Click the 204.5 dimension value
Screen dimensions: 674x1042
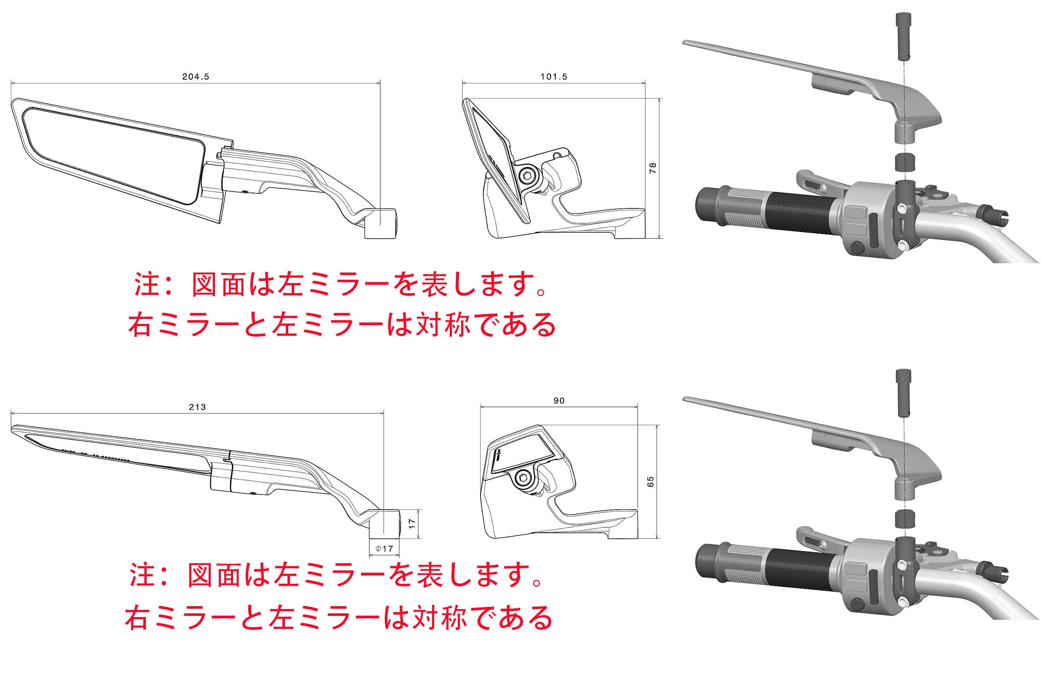pos(196,77)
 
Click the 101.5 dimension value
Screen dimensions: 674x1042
pos(553,77)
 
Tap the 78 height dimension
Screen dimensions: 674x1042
pos(653,168)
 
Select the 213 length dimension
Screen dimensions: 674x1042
pos(197,407)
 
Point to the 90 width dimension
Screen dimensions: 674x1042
pos(559,401)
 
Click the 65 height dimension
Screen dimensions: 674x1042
pos(650,482)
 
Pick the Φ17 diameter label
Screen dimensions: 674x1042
pos(384,548)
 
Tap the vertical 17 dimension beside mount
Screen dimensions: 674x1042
pos(411,524)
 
